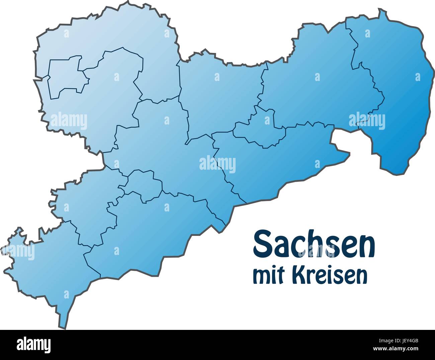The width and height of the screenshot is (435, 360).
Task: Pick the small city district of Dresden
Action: click(261, 129)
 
